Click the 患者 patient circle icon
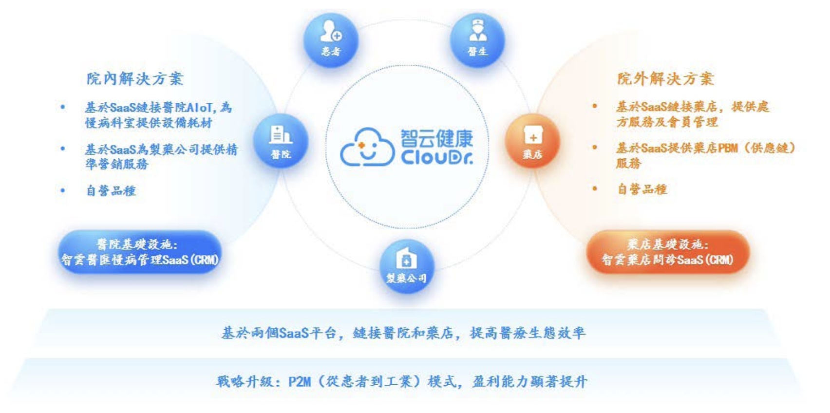pos(331,39)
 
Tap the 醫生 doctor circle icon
pos(477,39)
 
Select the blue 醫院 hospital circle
pos(281,141)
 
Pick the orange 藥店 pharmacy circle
pos(532,141)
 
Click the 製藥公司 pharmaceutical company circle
pos(406,266)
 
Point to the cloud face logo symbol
pos(367,147)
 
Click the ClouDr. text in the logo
pos(436,157)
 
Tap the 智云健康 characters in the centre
pos(436,138)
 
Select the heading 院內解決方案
pos(135,78)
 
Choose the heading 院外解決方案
pos(665,78)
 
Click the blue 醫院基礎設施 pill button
pos(140,252)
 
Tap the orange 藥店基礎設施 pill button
pos(667,252)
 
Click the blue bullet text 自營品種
pos(111,190)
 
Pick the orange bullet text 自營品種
pos(642,189)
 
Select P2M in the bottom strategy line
pos(300,381)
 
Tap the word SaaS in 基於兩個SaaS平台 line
pos(294,333)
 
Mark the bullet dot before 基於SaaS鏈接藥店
pos(595,106)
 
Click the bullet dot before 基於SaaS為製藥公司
pos(63,149)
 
